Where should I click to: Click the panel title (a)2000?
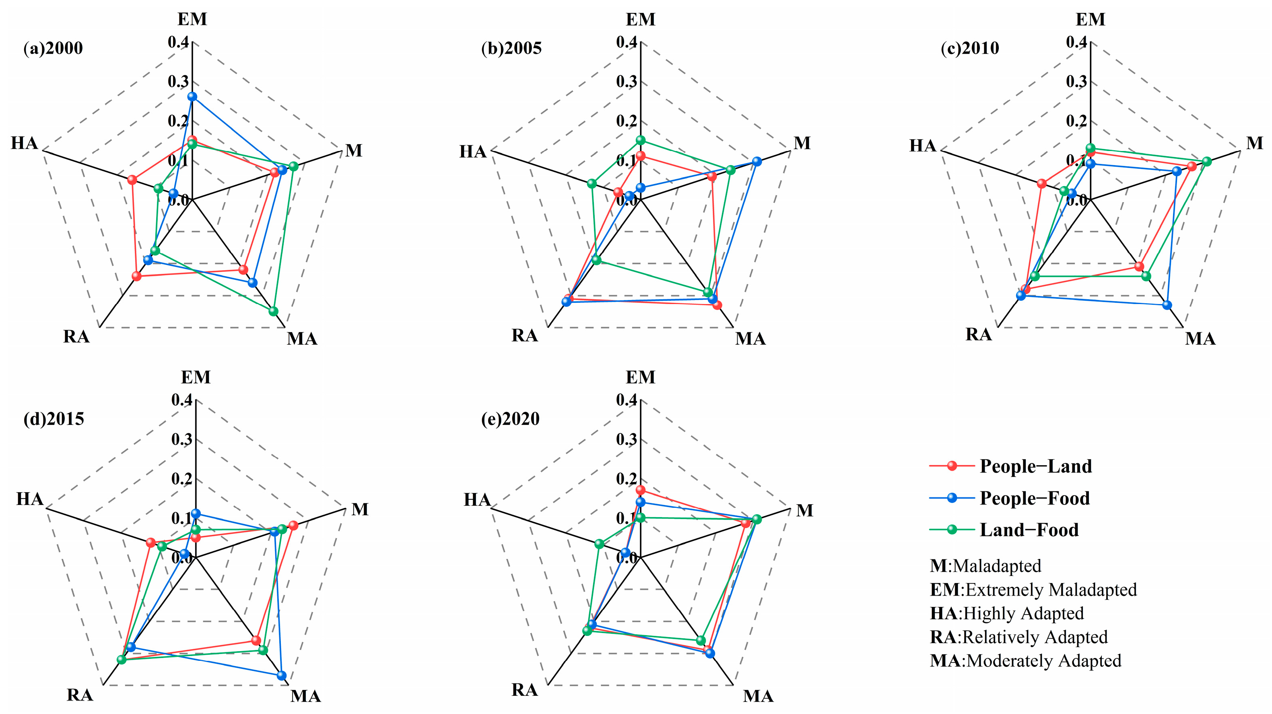54,48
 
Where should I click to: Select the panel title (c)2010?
970,48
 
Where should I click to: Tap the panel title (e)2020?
511,419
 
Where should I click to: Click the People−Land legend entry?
1035,466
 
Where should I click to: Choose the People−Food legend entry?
1034,498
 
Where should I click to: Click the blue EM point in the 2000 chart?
192,97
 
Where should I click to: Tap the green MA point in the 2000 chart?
273,311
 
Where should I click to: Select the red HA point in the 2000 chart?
132,180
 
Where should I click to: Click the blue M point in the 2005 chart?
757,161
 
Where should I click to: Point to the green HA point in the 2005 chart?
592,184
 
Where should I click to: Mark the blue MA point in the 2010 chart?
1167,305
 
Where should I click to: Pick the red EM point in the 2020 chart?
641,490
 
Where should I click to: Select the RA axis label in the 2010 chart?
978,335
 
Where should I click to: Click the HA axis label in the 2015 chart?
30,499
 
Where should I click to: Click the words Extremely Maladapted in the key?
1051,590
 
